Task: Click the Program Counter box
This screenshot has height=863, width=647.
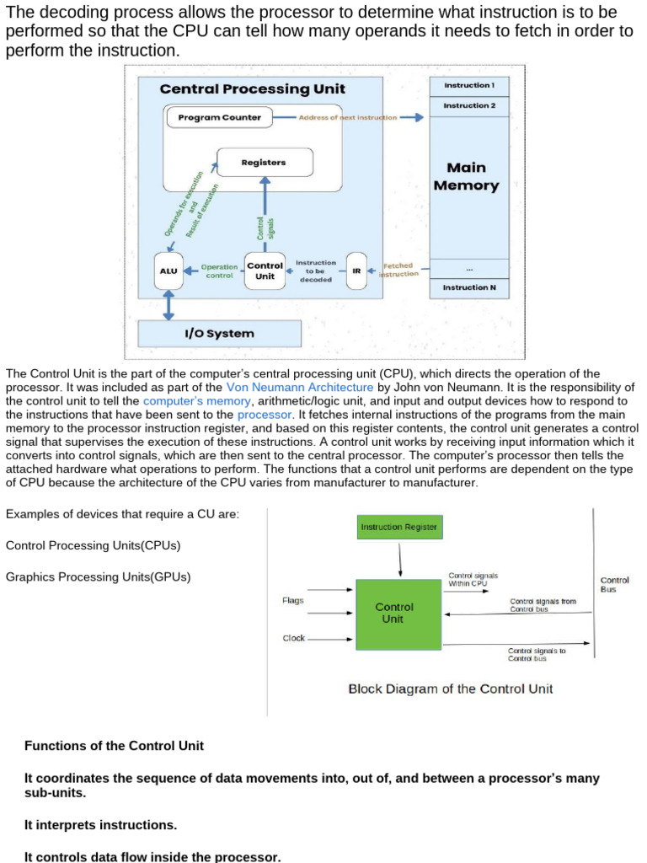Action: click(x=220, y=117)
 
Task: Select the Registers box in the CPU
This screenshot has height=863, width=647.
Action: click(x=265, y=163)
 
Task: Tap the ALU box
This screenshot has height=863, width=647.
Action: click(x=168, y=271)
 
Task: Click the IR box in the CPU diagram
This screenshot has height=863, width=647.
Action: click(x=356, y=271)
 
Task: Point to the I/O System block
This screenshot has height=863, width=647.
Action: click(x=220, y=334)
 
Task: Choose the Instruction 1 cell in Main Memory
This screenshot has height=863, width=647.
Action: click(x=469, y=86)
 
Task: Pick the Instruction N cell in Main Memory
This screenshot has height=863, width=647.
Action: click(x=469, y=288)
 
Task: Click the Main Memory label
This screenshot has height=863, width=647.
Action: click(x=467, y=176)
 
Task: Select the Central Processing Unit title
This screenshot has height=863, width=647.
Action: click(x=253, y=89)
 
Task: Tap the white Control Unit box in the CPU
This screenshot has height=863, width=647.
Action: click(x=265, y=271)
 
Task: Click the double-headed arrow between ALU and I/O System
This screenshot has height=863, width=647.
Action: click(x=168, y=305)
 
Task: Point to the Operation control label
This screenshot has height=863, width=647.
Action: click(x=220, y=271)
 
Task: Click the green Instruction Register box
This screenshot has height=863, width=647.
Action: click(x=399, y=528)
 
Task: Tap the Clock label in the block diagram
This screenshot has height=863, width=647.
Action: click(x=294, y=639)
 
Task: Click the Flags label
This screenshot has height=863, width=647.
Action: click(x=292, y=600)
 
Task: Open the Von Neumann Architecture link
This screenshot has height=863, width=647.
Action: click(x=300, y=388)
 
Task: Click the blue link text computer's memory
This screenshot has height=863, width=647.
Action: click(x=197, y=401)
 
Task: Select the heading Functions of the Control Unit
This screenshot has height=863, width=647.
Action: click(x=114, y=746)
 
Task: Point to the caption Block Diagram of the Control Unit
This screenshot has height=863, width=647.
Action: click(x=451, y=689)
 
